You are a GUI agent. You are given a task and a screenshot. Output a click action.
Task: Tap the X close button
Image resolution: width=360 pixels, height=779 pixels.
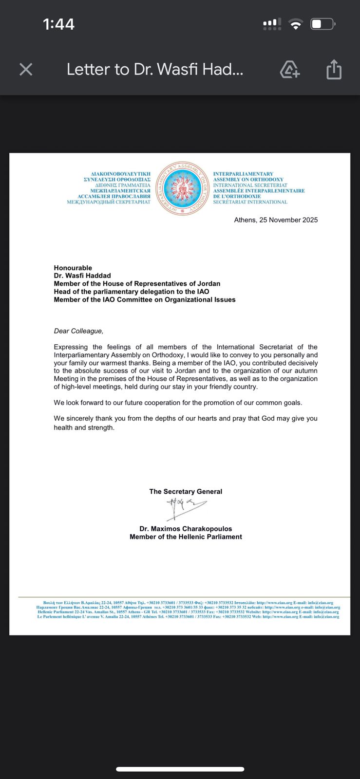pyautogui.click(x=26, y=70)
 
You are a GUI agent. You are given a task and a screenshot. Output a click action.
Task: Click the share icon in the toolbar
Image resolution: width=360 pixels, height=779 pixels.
pyautogui.click(x=334, y=70)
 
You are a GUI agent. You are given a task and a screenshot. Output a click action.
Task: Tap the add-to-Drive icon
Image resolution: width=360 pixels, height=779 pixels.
pyautogui.click(x=290, y=70)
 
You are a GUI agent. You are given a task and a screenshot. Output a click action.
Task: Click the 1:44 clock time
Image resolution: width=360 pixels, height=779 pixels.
pyautogui.click(x=58, y=24)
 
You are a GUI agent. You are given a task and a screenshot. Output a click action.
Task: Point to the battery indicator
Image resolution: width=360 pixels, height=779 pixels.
pyautogui.click(x=323, y=24)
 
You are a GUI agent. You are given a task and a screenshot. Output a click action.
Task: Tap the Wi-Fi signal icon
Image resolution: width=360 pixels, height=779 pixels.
pyautogui.click(x=295, y=24)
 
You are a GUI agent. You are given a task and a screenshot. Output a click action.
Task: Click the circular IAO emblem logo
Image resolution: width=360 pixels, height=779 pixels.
pyautogui.click(x=182, y=188)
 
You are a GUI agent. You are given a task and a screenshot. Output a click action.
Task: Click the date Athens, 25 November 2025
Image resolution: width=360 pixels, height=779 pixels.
pyautogui.click(x=276, y=220)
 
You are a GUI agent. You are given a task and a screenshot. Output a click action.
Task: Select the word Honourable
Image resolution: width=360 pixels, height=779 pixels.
pyautogui.click(x=73, y=268)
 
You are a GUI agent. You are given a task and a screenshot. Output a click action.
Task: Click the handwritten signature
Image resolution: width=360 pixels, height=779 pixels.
pyautogui.click(x=185, y=508)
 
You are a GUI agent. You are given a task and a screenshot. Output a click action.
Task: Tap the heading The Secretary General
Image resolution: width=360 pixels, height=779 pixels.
pyautogui.click(x=186, y=492)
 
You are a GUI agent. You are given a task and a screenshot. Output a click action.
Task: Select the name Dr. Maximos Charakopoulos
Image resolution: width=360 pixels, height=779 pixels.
pyautogui.click(x=186, y=529)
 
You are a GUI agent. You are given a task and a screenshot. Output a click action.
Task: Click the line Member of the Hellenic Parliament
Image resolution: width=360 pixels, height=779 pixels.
pyautogui.click(x=186, y=537)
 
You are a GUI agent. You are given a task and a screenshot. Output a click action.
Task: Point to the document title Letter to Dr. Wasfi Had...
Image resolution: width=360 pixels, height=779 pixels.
pyautogui.click(x=155, y=70)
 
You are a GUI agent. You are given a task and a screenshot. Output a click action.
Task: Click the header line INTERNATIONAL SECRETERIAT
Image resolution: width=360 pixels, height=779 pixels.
pyautogui.click(x=250, y=185)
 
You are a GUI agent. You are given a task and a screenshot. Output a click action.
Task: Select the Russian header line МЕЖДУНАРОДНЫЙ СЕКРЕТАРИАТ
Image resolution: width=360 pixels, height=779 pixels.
pyautogui.click(x=109, y=202)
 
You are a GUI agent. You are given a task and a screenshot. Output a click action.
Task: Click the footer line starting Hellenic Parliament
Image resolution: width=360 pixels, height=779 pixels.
pyautogui.click(x=188, y=612)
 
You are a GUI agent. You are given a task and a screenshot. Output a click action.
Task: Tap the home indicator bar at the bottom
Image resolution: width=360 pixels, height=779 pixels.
pyautogui.click(x=180, y=769)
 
